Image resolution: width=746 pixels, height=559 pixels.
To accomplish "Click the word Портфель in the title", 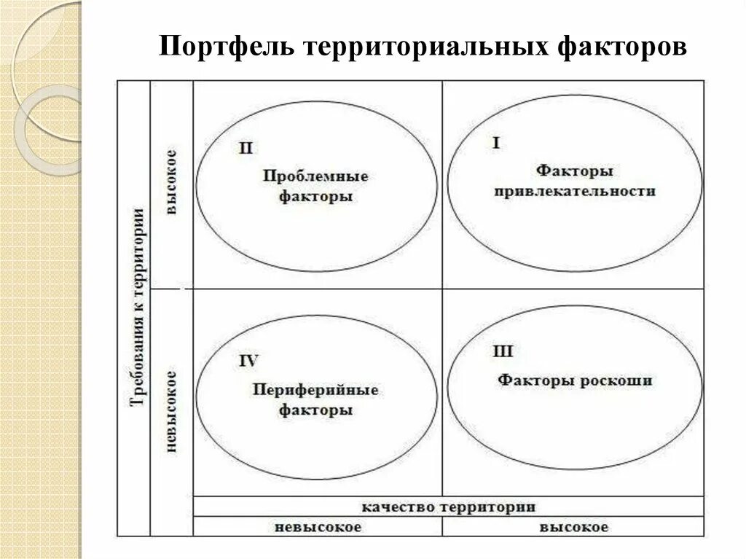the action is tap(227, 48).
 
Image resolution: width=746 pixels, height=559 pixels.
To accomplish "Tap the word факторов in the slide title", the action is tap(622, 48).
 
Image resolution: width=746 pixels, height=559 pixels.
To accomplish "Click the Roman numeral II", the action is tap(246, 149).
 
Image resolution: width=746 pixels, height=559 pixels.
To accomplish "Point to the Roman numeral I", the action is tap(496, 143).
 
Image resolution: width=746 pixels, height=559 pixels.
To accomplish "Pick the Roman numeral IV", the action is tap(248, 360).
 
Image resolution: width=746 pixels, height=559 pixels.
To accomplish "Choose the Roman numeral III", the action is tap(503, 353).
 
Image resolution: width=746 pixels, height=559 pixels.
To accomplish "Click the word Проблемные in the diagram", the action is tap(315, 176).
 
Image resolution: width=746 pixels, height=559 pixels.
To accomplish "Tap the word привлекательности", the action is tap(575, 192).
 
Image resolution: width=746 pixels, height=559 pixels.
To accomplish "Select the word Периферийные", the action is tap(315, 390).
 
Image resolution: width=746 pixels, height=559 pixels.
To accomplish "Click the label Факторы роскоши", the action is tap(575, 380).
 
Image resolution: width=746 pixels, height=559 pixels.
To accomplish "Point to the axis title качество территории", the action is tap(449, 507).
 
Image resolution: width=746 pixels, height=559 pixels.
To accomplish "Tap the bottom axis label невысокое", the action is tap(318, 527).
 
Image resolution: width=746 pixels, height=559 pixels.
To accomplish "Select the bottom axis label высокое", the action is tap(574, 527).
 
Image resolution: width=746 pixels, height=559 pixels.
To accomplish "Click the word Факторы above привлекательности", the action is tap(575, 171).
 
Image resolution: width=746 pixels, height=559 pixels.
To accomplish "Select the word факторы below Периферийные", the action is tap(315, 410).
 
